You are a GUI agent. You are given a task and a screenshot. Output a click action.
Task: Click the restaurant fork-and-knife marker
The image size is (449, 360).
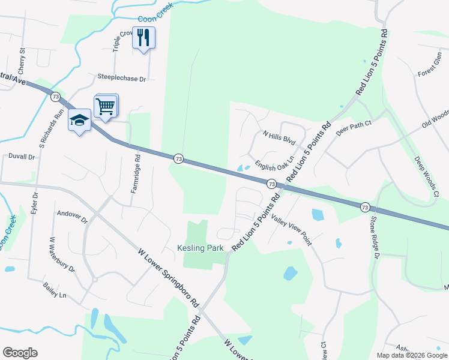[x=143, y=38]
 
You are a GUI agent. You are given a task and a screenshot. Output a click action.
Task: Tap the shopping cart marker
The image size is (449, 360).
[x=106, y=107]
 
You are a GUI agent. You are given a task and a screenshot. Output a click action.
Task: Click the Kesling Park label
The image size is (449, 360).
[x=200, y=248]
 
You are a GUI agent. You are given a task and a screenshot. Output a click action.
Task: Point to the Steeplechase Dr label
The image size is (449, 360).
[x=122, y=78]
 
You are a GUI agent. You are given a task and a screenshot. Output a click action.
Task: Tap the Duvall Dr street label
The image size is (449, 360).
[x=22, y=157]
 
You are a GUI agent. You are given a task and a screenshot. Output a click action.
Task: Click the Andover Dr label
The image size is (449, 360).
[x=72, y=213]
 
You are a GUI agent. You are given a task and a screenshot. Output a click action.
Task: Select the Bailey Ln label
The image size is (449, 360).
[x=54, y=292]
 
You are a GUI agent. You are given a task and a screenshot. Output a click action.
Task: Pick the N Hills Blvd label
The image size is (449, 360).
[x=279, y=138]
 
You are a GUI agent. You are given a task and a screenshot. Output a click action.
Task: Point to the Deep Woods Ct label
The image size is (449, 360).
[x=427, y=176]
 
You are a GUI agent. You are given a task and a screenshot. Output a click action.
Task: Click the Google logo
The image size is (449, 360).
[x=20, y=353]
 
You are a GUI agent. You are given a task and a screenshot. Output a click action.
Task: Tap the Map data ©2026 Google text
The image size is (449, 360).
[x=411, y=355]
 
